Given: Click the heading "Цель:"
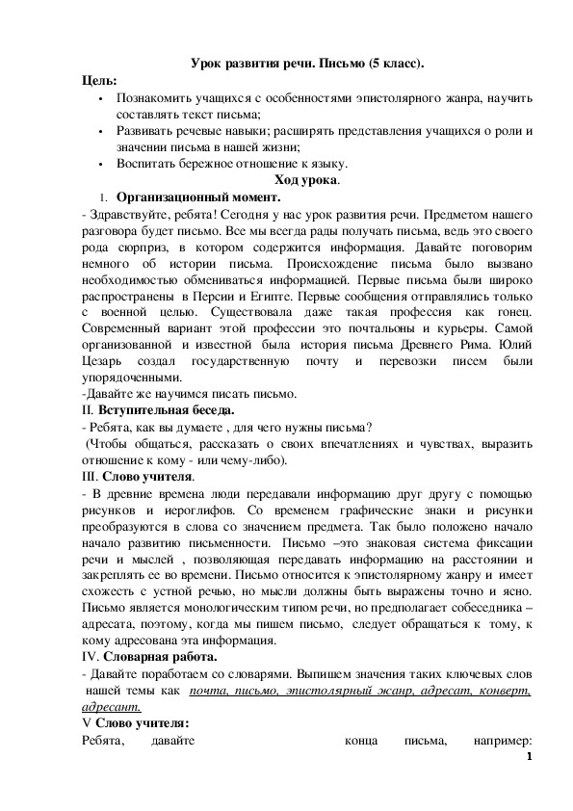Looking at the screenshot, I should tap(98, 81).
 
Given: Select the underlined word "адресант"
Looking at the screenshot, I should tap(112, 708).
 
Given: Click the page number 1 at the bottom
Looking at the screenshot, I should tap(529, 757).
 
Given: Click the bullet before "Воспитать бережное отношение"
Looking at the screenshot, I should tap(101, 164).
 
